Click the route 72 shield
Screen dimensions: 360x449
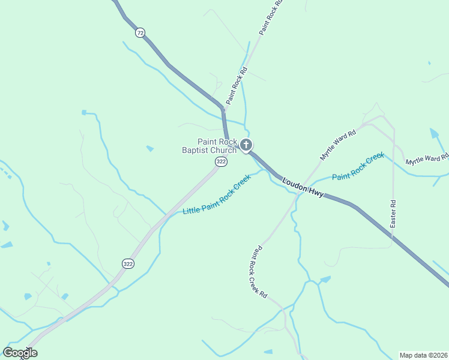[x=140, y=33]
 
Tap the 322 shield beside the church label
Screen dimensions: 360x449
[x=221, y=162]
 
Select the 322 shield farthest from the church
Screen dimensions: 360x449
[x=127, y=263]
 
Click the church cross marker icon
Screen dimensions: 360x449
[x=246, y=145]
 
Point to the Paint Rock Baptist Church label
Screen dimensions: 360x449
[x=209, y=146]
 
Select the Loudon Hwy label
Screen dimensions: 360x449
[x=303, y=186]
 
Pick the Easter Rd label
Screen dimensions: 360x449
[x=393, y=213]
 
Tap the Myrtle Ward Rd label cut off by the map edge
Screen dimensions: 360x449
[x=427, y=160]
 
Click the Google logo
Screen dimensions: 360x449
[x=20, y=353]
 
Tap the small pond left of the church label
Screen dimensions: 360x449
[x=149, y=148]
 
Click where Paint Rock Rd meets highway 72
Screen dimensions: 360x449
[x=224, y=110]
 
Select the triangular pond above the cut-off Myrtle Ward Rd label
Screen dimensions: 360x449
[x=435, y=133]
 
